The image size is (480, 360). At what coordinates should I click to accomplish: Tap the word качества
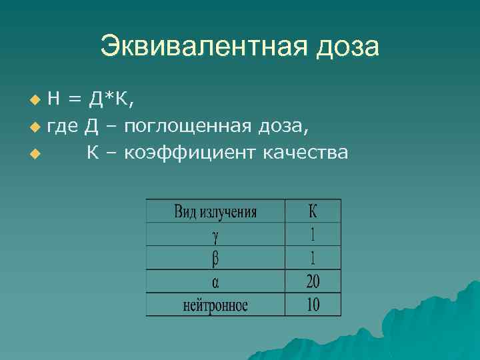click(x=306, y=153)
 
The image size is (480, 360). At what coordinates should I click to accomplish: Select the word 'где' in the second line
click(x=63, y=127)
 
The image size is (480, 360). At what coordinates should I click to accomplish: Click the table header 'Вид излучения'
click(x=215, y=212)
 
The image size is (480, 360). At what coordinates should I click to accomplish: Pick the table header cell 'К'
click(x=313, y=211)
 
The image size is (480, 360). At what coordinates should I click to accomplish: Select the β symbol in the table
click(x=215, y=258)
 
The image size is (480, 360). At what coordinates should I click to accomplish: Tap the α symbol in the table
click(x=215, y=282)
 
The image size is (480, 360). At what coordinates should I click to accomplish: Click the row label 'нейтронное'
click(x=215, y=305)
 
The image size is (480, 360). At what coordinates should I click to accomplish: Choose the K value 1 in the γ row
click(x=313, y=234)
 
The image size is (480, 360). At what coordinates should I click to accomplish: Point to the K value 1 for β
click(x=313, y=257)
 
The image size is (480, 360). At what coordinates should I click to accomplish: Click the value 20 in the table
click(x=313, y=281)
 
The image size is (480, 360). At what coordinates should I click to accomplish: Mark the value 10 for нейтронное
click(x=313, y=305)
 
